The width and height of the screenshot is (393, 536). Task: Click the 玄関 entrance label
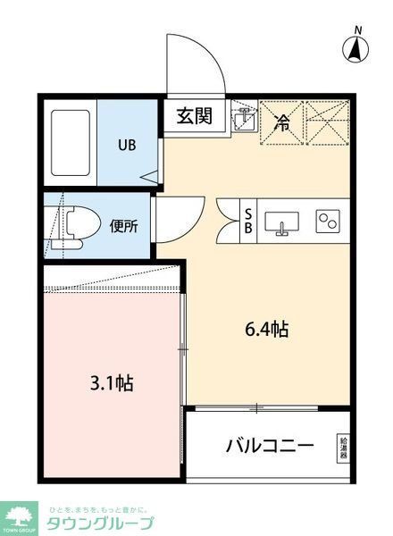(194, 116)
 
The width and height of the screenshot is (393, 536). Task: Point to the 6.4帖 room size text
(266, 329)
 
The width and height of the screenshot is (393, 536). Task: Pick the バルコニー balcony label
(269, 445)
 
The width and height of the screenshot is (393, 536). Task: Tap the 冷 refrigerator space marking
(281, 123)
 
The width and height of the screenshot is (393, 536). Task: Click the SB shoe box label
(248, 220)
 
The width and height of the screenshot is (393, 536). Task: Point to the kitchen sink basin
(287, 222)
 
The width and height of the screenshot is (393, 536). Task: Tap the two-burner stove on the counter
(327, 221)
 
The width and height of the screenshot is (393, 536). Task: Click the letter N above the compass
(356, 31)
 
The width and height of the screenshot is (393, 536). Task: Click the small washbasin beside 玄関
(242, 119)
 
